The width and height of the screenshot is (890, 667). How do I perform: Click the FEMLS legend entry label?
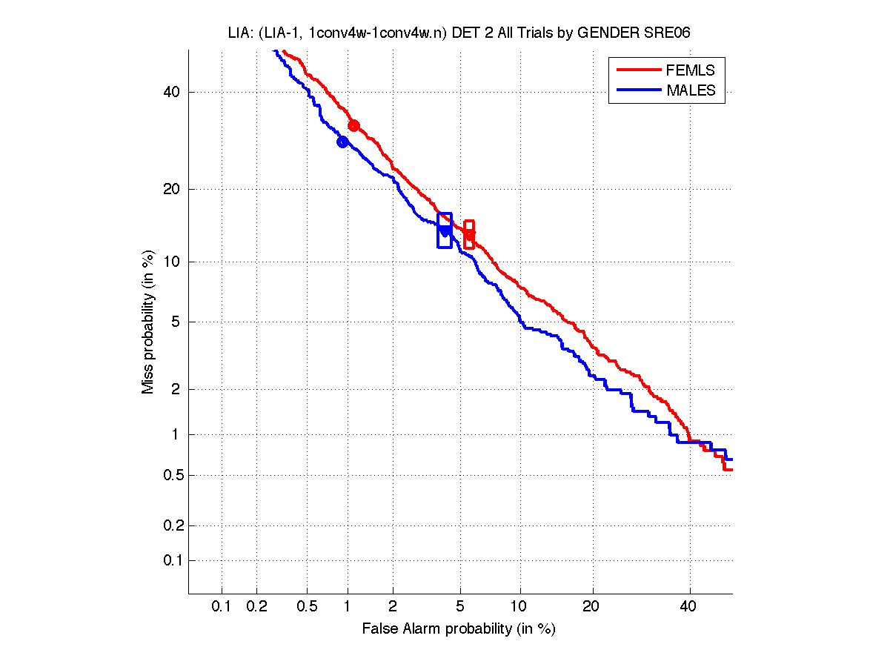click(x=691, y=70)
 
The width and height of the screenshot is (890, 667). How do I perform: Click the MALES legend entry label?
click(x=691, y=90)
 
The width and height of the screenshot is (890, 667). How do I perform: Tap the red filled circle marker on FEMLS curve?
click(x=353, y=126)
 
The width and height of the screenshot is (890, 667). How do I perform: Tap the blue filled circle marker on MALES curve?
click(x=342, y=142)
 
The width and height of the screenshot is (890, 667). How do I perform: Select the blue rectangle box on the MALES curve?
click(x=445, y=230)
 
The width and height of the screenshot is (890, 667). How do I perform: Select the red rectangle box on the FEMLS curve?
click(x=469, y=234)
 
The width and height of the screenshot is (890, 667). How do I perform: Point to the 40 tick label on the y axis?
click(x=171, y=92)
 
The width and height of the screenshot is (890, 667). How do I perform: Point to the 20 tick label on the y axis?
click(x=171, y=189)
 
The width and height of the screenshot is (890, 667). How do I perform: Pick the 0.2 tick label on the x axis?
click(x=256, y=607)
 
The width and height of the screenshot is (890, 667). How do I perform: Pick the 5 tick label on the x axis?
click(x=460, y=607)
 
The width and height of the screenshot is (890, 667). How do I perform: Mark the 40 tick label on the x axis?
click(x=689, y=607)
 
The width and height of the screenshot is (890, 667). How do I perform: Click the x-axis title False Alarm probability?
click(x=458, y=629)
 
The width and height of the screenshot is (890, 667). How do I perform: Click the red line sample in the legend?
click(x=637, y=70)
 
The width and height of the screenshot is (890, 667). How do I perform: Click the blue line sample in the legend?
click(x=637, y=90)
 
